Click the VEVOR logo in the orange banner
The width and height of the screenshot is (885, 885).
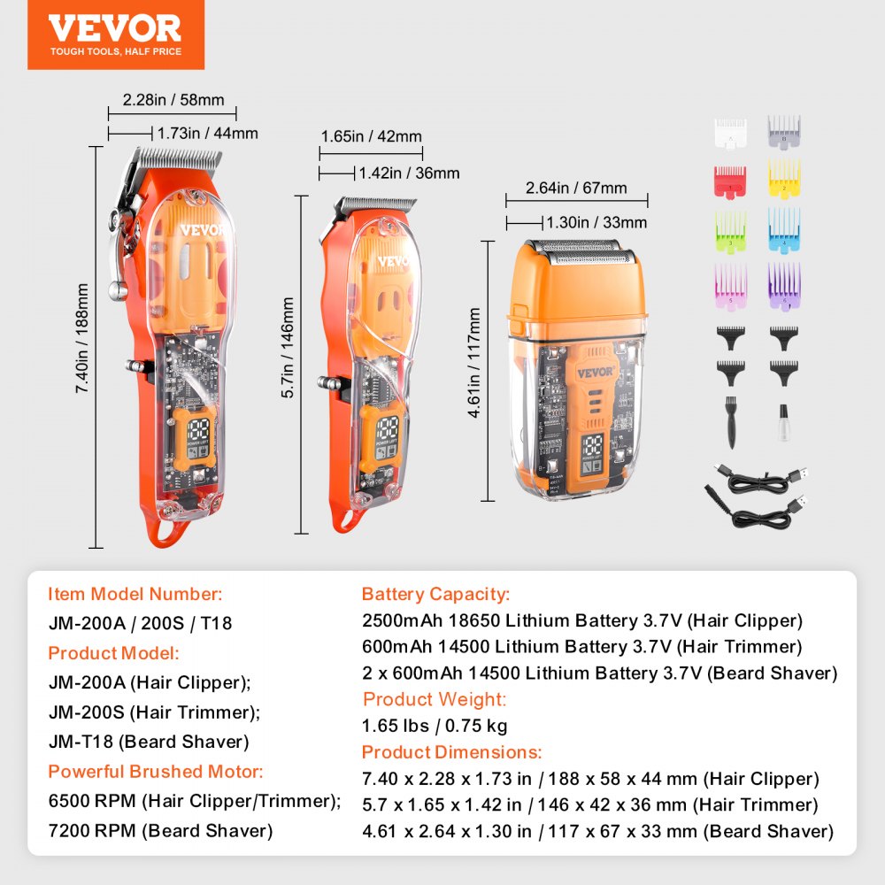115,28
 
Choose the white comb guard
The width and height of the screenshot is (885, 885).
730,131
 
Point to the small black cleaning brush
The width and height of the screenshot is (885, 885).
730,421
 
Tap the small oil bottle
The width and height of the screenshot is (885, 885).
783,422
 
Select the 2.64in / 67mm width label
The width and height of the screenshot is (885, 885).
575,188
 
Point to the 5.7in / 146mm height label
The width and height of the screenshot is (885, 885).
289,348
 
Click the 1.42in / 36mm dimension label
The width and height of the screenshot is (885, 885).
408,173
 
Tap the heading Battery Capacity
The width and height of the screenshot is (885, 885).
435,595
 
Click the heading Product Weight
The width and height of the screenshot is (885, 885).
434,699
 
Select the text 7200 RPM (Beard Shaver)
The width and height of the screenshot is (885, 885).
160,830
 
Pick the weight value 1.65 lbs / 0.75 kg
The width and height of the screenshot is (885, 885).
434,726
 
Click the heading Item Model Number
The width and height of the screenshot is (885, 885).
135,595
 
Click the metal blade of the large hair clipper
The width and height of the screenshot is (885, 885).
178,160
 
